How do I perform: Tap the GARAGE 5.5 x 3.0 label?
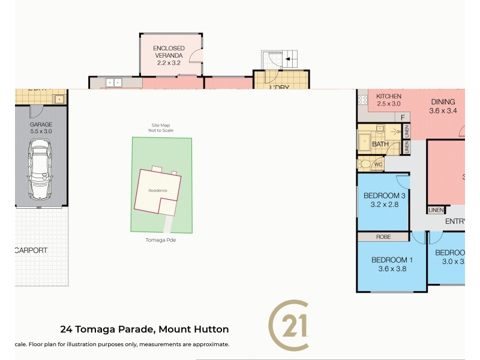pos(41,128)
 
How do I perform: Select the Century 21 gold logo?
pos(288,325)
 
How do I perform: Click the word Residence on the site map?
pos(158,191)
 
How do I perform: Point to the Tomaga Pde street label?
pos(161,239)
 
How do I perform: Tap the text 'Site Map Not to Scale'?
pos(161,128)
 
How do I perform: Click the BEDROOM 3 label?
pos(384,200)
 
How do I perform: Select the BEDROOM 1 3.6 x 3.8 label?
pos(392,264)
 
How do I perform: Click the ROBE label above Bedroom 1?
pos(383,237)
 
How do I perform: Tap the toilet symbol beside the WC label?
pos(365,163)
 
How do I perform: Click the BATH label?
pos(380,145)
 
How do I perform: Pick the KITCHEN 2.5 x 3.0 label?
pos(388,100)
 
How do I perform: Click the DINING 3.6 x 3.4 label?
pos(443,106)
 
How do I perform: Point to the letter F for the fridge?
pos(404,117)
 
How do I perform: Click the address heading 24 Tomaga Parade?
pos(145,329)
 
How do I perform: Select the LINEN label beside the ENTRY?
pos(436,209)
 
